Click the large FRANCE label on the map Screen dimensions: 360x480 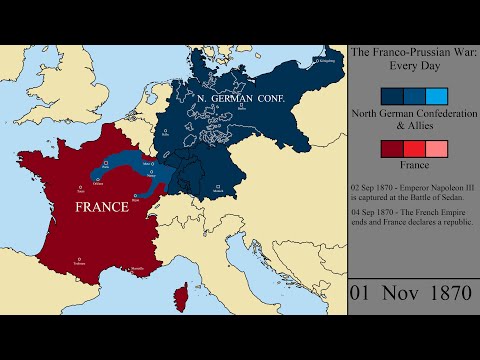[x=94, y=208]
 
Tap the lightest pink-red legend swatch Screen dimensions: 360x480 [x=436, y=149]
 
